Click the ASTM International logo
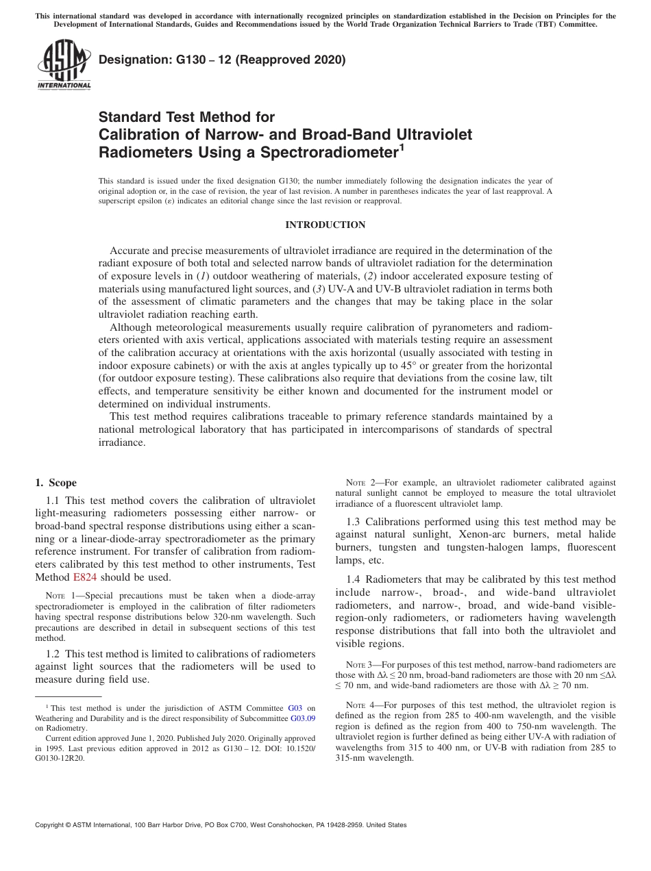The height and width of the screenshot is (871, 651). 64,65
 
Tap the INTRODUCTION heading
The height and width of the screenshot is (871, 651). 325,225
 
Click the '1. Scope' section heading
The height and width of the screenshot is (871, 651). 56,483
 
